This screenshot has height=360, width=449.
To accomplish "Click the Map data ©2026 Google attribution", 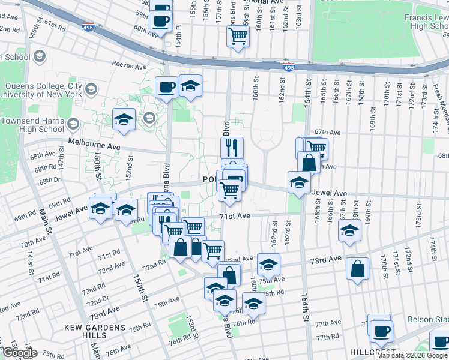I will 412,355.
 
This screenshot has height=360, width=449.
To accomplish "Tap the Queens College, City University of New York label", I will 43,89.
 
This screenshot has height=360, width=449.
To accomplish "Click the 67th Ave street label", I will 328,132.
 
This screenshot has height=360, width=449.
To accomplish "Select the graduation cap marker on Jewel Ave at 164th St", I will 299,182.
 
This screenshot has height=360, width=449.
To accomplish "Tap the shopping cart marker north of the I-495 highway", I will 238,37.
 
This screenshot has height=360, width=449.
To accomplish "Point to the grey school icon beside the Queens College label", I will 91,90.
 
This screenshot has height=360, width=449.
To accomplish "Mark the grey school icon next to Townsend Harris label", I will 73,125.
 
